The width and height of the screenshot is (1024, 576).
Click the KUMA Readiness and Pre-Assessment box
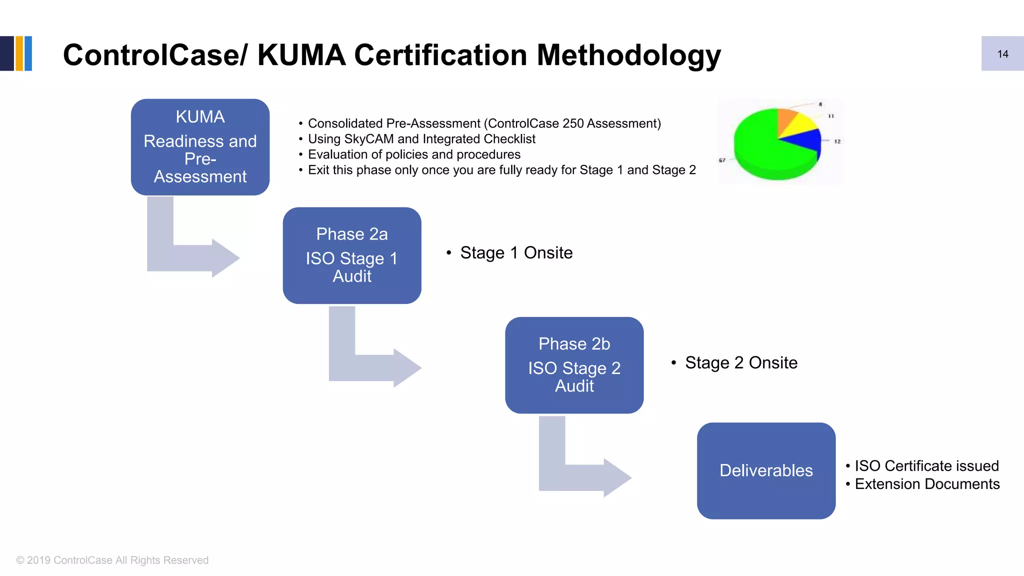pos(200,147)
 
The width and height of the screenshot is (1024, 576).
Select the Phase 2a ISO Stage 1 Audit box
pos(352,255)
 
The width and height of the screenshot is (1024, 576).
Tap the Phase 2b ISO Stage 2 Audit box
pos(574,365)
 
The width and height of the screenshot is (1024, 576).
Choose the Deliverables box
pos(766,470)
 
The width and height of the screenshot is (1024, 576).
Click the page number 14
pos(1002,54)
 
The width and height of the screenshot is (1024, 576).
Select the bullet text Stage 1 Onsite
pos(516,253)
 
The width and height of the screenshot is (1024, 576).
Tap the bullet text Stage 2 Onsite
pos(741,363)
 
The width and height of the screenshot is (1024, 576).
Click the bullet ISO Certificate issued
pos(926,466)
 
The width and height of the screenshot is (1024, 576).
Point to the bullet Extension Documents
pos(926,484)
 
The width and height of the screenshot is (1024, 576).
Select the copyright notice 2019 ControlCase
pos(112,560)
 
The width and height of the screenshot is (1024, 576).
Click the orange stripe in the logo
pos(19,53)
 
